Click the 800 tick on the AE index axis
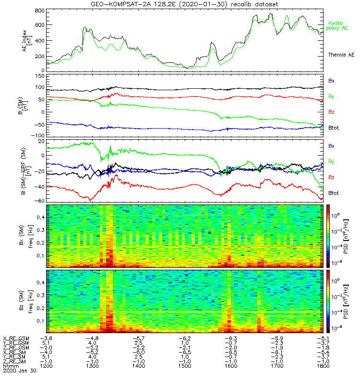(x=39, y=11)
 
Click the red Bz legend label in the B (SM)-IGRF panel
(x=331, y=178)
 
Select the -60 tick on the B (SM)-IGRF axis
(x=39, y=200)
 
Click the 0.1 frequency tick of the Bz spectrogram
(x=39, y=320)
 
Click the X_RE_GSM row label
(x=16, y=338)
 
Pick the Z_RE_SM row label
(x=16, y=361)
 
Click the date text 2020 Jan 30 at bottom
(x=16, y=371)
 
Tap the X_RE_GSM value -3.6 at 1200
(x=46, y=338)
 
